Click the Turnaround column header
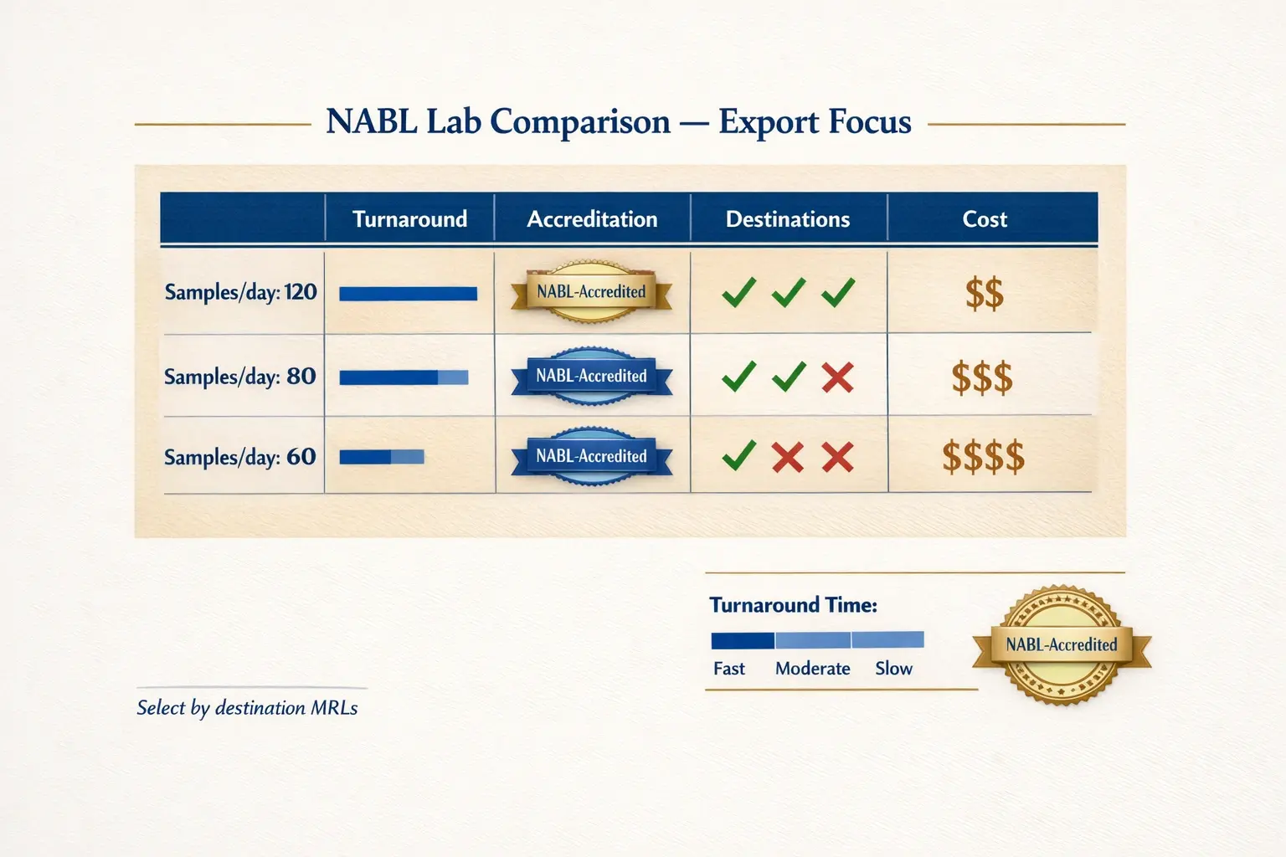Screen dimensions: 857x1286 [409, 219]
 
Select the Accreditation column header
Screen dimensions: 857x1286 [592, 219]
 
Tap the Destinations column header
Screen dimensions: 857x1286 [787, 219]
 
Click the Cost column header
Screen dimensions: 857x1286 [985, 219]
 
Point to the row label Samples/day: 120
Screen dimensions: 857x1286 [240, 292]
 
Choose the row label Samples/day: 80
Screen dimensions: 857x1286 [240, 377]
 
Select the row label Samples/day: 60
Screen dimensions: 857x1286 [240, 457]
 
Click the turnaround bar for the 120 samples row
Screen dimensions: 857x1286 [408, 294]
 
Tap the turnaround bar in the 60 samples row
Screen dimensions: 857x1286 [381, 457]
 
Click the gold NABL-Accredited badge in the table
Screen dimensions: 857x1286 [591, 293]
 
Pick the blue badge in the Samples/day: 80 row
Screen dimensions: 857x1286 [591, 377]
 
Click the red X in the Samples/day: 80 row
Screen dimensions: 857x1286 [837, 377]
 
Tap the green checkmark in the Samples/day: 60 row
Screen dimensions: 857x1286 [738, 456]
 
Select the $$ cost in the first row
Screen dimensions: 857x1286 [984, 295]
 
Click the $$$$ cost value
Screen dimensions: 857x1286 [983, 458]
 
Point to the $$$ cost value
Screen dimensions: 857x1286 [982, 378]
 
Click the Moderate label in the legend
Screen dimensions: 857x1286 [812, 669]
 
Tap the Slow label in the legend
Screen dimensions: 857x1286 [893, 669]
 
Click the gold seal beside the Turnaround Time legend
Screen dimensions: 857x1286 [1062, 644]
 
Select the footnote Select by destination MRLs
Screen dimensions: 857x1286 [247, 708]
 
